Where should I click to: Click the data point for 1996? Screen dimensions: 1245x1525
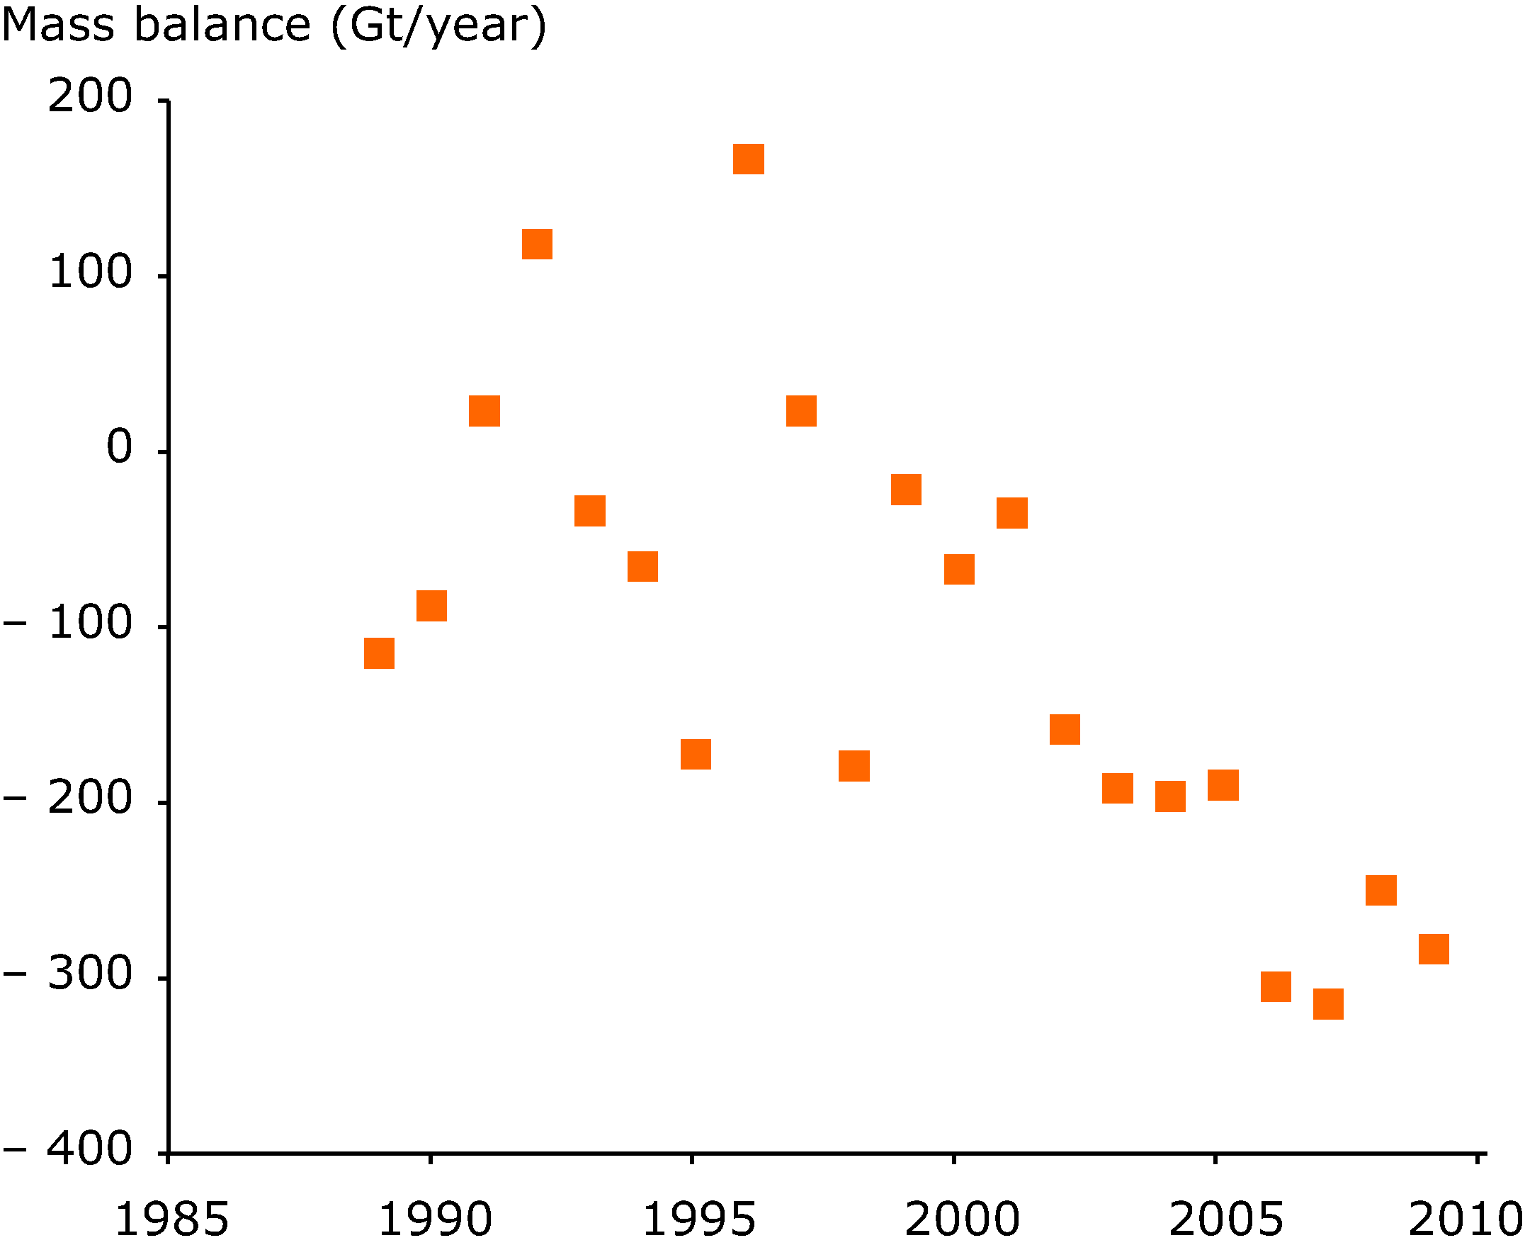(748, 159)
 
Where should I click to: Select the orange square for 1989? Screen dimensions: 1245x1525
(378, 653)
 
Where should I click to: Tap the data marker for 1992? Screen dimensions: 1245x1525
(537, 244)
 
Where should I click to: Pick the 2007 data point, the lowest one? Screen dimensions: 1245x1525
(1328, 1003)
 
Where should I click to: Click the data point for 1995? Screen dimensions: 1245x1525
(696, 754)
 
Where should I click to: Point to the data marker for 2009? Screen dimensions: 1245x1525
(1433, 949)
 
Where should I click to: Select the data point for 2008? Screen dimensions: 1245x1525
(1381, 890)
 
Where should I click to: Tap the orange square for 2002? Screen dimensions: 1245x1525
(1065, 729)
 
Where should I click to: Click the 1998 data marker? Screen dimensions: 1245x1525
(854, 766)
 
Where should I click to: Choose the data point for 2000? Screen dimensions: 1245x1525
(959, 569)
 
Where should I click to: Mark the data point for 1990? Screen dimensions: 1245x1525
(431, 606)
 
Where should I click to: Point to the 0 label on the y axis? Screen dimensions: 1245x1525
(120, 447)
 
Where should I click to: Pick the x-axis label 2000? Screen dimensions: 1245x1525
(961, 1219)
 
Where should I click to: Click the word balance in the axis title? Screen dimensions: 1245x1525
(222, 25)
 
